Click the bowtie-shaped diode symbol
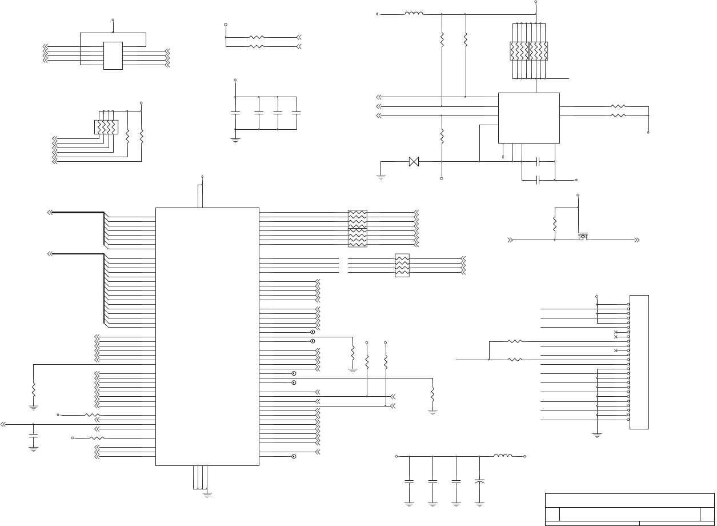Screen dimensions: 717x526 click(415, 162)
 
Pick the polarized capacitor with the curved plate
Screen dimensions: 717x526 click(480, 482)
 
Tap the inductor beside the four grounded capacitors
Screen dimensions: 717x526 click(503, 456)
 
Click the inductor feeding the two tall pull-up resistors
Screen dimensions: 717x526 click(414, 13)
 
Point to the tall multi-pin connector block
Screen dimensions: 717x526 click(639, 362)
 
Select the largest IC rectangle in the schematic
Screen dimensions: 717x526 click(207, 336)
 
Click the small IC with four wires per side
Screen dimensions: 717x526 click(113, 55)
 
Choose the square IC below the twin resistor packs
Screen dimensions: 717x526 click(528, 118)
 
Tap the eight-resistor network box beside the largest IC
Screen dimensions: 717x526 click(358, 229)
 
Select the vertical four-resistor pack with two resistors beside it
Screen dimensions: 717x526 click(106, 126)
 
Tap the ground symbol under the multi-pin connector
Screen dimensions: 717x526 click(597, 435)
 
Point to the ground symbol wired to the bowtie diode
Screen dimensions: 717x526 click(381, 177)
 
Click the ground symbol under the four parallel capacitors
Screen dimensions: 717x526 click(235, 139)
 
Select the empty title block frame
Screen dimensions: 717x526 click(629, 508)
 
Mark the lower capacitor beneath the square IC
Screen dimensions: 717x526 click(538, 180)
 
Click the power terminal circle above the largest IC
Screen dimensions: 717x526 click(202, 175)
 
